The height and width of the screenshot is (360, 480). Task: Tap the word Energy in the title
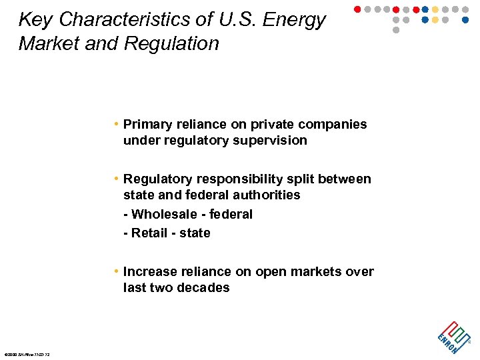(294, 20)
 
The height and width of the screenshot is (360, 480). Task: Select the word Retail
(150, 233)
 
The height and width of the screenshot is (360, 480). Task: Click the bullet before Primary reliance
(116, 125)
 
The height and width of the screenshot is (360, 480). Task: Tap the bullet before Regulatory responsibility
(116, 179)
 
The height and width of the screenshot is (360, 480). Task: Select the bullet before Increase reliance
(116, 272)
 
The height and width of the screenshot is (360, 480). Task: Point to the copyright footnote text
(27, 354)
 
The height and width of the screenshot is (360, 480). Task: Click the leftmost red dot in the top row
(357, 9)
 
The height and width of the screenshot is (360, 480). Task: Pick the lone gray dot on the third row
(396, 30)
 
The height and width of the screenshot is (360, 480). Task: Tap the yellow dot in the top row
(435, 9)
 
